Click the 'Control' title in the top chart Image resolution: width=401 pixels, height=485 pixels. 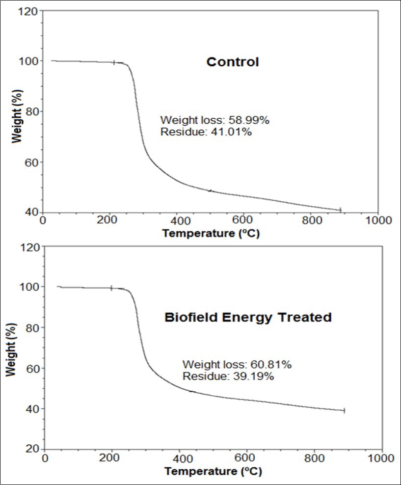[x=232, y=62]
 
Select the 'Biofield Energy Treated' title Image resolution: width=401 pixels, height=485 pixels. [x=248, y=317]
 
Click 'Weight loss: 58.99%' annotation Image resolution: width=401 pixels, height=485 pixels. [x=214, y=120]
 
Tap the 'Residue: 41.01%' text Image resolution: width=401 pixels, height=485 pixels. [x=206, y=131]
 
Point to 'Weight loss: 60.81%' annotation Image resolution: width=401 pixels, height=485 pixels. [x=237, y=364]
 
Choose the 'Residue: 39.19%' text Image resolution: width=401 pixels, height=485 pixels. [x=228, y=377]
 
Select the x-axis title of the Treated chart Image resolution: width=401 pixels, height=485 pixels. [x=213, y=471]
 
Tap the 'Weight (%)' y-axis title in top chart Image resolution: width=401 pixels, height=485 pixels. [x=17, y=112]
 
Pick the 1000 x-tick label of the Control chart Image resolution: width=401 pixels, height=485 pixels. [x=378, y=220]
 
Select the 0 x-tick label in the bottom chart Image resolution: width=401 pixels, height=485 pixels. [x=45, y=458]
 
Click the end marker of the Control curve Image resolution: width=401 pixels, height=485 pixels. [x=340, y=210]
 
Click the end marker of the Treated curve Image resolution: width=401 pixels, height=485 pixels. [x=344, y=410]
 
